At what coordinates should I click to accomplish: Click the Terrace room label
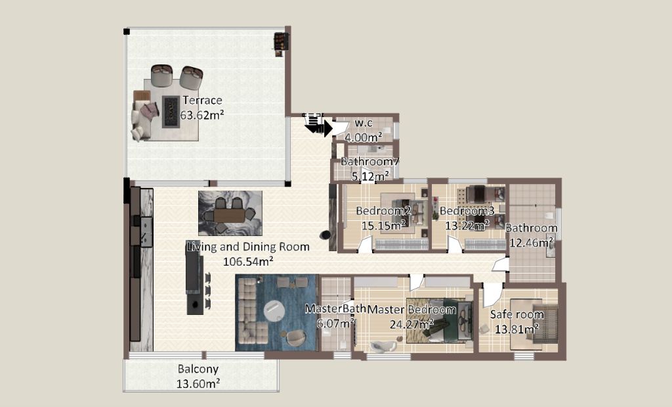202,101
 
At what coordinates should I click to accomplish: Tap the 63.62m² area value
202,115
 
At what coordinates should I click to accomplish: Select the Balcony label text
198,369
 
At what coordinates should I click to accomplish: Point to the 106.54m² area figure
249,261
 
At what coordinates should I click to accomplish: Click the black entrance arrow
319,127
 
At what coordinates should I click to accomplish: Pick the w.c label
364,123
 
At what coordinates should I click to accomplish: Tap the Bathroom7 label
370,162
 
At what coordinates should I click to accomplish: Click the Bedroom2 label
383,211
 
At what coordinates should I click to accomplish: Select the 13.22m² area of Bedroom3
467,225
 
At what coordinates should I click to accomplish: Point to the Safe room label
517,315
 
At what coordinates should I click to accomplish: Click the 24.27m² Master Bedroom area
411,323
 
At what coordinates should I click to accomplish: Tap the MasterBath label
335,308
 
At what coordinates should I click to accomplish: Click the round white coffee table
274,310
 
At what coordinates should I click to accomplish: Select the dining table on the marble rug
229,214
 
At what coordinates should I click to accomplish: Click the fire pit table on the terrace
171,112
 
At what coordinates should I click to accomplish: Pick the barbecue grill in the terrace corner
280,44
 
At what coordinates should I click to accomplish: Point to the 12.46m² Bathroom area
532,243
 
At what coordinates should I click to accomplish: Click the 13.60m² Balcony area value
198,383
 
